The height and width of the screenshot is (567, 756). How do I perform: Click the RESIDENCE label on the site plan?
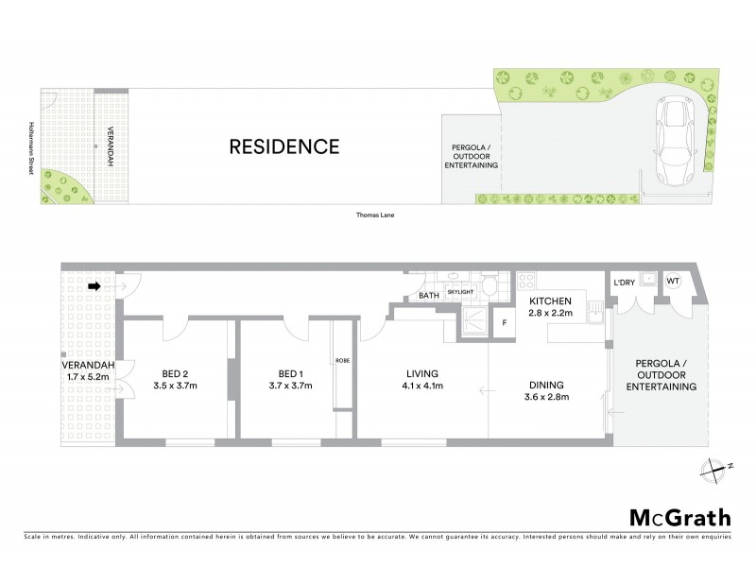(x=284, y=146)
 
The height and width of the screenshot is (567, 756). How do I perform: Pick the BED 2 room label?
(x=172, y=372)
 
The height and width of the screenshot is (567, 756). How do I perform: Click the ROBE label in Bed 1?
(x=342, y=360)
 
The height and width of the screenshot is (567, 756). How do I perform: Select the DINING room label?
(x=546, y=385)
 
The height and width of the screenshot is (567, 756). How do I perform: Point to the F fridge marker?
(x=505, y=323)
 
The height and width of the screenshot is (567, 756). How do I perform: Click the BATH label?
(x=427, y=297)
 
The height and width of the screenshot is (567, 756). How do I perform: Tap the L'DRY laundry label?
(x=624, y=283)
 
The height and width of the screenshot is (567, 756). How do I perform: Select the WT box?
(x=673, y=281)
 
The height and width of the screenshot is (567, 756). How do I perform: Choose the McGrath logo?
(x=679, y=517)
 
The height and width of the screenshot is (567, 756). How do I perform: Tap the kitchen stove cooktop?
(x=527, y=281)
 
